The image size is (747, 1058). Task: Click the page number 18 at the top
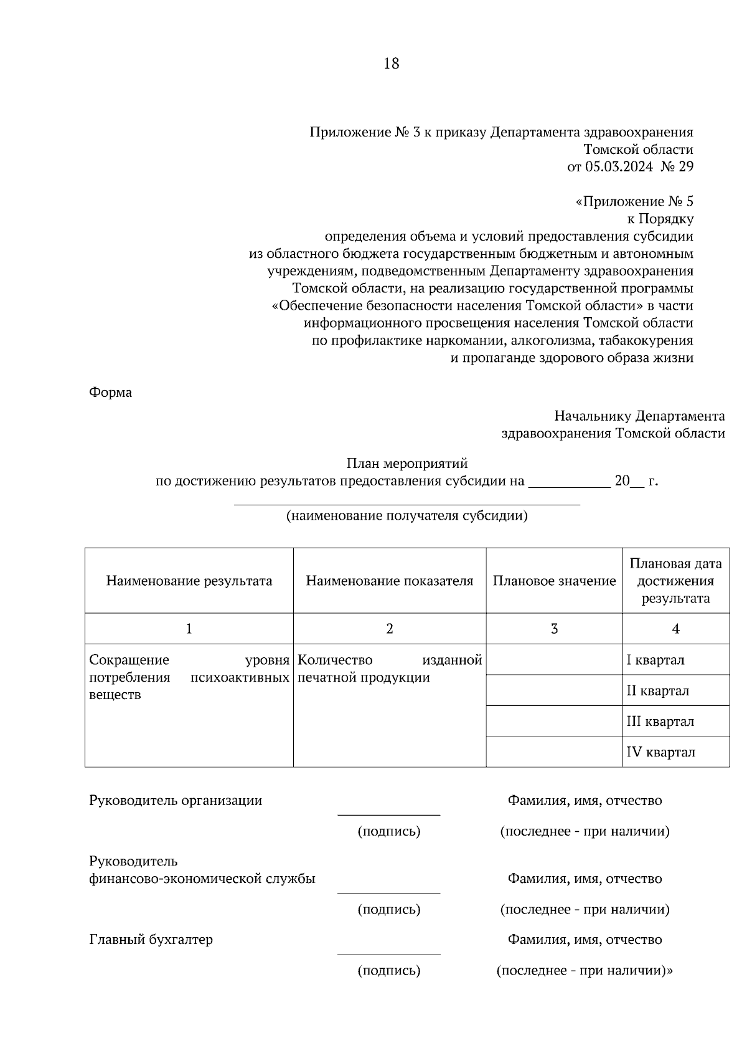click(x=392, y=64)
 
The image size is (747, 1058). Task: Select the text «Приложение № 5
click(x=634, y=202)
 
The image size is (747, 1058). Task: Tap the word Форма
click(x=111, y=393)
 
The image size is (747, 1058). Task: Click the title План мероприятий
click(x=407, y=464)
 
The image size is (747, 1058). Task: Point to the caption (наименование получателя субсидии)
click(x=407, y=516)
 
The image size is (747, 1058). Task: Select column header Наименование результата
click(x=189, y=581)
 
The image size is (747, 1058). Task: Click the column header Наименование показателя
click(x=390, y=581)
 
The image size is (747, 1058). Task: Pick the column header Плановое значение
click(x=554, y=581)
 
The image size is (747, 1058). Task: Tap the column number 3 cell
click(x=554, y=629)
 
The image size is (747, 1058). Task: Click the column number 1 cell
click(x=189, y=629)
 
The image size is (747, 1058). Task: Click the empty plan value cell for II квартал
click(x=554, y=690)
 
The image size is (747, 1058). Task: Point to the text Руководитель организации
click(x=176, y=801)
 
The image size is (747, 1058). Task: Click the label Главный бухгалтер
click(x=151, y=940)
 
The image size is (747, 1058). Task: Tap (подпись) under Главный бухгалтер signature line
click(x=389, y=970)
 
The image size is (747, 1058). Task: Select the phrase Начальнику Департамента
click(x=639, y=416)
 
